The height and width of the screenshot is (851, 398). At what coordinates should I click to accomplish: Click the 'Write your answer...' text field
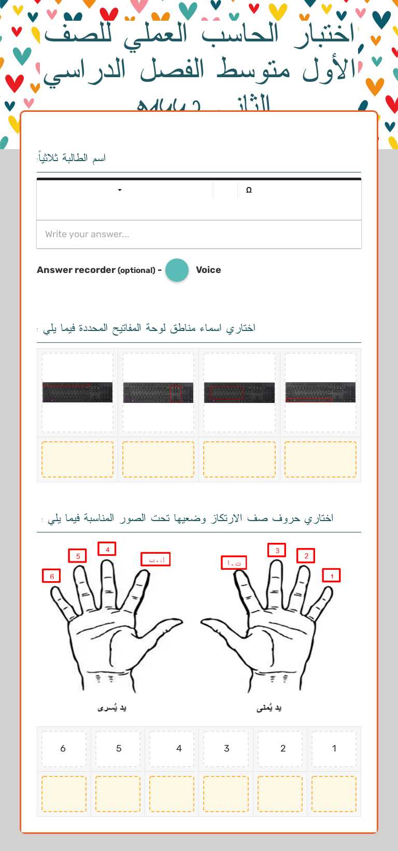(198, 234)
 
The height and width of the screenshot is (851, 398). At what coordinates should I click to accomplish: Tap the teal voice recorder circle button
(177, 270)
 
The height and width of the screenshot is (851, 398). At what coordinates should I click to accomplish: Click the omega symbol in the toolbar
(249, 190)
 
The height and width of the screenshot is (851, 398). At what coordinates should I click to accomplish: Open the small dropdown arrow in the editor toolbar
(120, 190)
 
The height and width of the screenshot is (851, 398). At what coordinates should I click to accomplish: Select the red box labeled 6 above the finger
(51, 576)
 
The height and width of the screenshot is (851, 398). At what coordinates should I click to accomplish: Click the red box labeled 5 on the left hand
(78, 556)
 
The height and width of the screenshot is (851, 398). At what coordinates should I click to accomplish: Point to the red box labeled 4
(107, 549)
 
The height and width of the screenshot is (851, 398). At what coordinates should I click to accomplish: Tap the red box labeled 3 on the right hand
(277, 550)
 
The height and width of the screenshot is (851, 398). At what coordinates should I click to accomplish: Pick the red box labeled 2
(306, 556)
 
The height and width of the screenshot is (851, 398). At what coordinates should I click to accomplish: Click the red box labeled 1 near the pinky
(332, 575)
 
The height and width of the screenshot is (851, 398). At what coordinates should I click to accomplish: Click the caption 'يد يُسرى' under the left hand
(112, 708)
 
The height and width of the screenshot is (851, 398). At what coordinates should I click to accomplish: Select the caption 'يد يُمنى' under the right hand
(269, 708)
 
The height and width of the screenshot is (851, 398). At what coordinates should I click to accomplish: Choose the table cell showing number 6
(64, 748)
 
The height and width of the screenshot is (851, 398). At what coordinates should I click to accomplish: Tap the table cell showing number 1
(334, 748)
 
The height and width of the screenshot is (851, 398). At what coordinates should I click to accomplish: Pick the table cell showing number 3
(226, 748)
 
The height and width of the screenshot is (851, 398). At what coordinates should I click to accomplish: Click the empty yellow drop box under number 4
(172, 794)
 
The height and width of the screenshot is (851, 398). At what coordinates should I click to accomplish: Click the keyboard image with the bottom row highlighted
(320, 393)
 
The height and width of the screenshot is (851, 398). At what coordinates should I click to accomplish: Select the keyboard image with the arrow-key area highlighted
(158, 393)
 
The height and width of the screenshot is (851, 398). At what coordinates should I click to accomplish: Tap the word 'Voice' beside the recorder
(208, 270)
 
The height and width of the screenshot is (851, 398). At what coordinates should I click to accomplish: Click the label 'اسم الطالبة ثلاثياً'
(72, 157)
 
